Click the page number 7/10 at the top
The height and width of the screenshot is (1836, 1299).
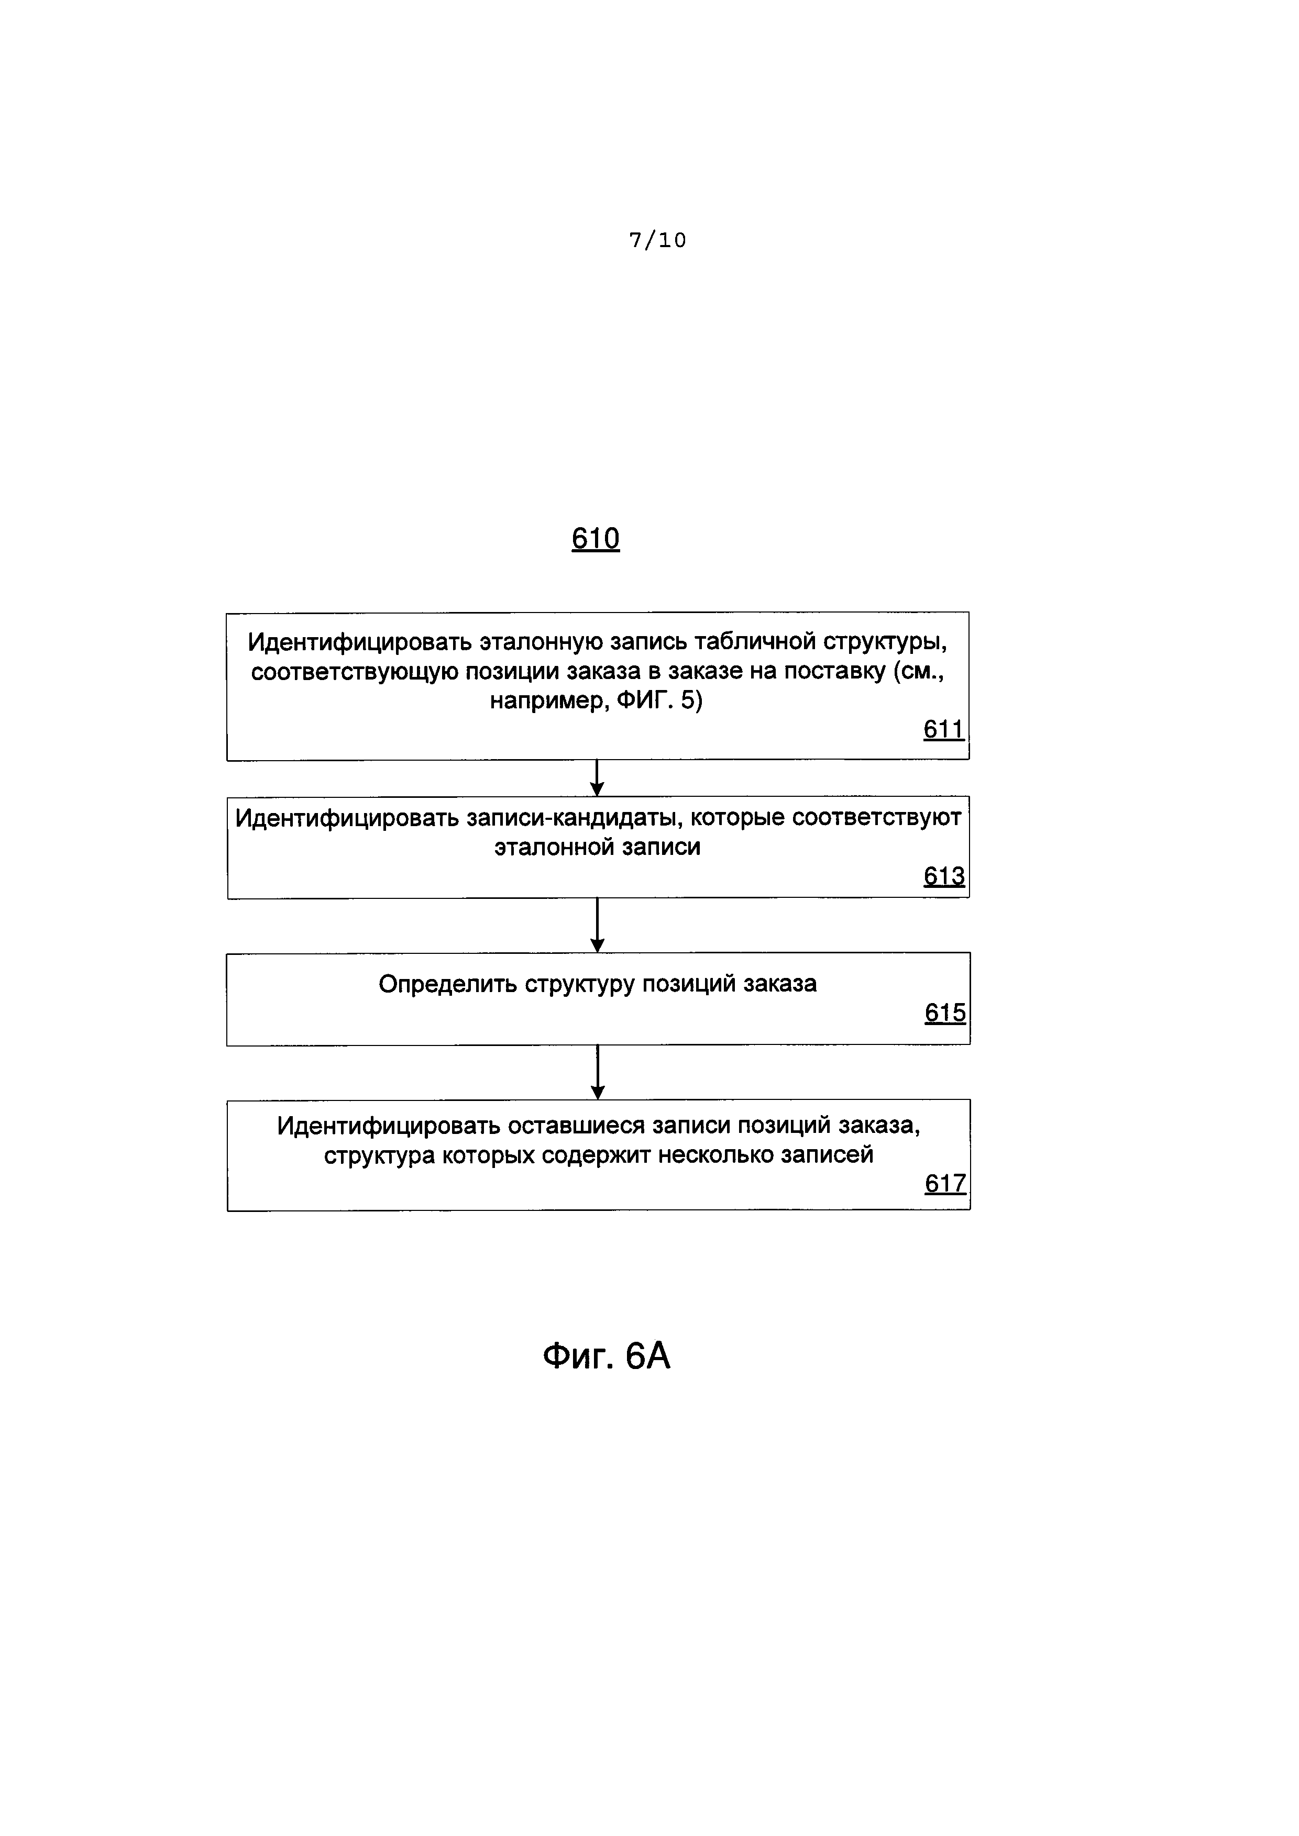click(x=657, y=240)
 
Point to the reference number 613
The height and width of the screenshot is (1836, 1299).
click(x=944, y=876)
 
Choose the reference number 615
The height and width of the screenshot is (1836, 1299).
click(x=944, y=1013)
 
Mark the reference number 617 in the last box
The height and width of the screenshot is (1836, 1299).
click(x=944, y=1184)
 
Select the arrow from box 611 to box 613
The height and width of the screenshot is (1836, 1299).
click(x=597, y=777)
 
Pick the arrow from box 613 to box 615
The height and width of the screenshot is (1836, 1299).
click(x=597, y=925)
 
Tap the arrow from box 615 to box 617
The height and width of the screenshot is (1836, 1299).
click(x=597, y=1072)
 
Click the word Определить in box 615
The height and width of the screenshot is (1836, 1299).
click(x=447, y=984)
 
